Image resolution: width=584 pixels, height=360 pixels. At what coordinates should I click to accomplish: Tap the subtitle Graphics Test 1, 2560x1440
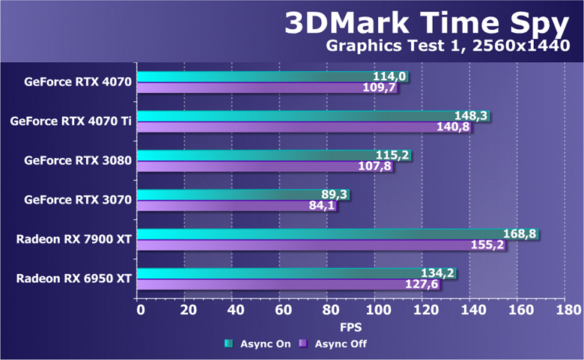tap(448, 47)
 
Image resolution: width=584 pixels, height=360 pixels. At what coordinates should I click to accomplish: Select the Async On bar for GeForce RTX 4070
tap(255, 76)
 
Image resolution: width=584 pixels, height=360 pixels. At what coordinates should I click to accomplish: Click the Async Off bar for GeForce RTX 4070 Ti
tap(285, 127)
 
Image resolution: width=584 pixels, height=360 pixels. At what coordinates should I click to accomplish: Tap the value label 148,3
tap(472, 116)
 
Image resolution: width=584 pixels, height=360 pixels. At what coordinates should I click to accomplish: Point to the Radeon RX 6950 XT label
tap(74, 278)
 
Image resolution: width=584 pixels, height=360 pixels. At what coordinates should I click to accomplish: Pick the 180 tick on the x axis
tap(569, 310)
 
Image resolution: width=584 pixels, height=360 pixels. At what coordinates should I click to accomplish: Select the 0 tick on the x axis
tap(139, 310)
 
